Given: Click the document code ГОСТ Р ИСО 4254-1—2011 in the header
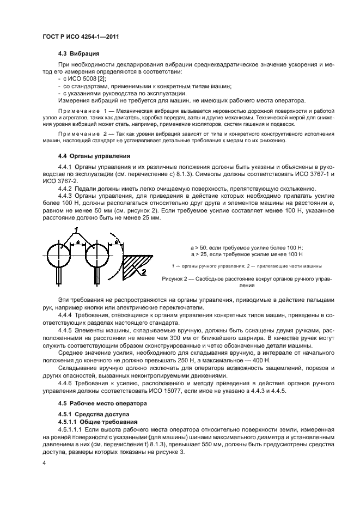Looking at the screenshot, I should [80, 37].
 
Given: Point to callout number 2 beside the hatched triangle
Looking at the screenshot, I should [144, 271].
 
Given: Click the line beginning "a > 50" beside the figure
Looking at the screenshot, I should [246, 247].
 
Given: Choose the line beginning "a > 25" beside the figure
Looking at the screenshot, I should [246, 254].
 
